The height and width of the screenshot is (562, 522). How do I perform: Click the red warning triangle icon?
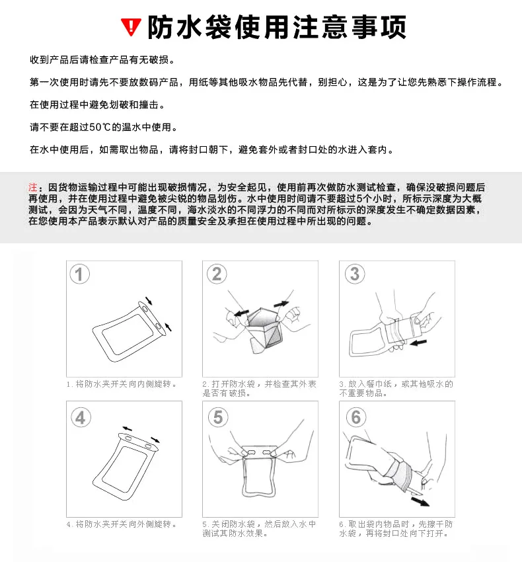(131, 27)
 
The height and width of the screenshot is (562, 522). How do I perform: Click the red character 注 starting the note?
(33, 187)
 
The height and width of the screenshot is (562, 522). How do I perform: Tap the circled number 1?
(79, 274)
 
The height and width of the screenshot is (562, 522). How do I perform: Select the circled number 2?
(217, 274)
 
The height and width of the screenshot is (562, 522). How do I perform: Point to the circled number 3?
(355, 274)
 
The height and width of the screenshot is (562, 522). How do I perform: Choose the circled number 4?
(81, 418)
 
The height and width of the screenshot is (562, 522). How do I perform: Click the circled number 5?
(218, 417)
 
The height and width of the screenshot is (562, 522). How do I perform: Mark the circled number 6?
(355, 417)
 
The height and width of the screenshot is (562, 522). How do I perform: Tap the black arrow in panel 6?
(420, 501)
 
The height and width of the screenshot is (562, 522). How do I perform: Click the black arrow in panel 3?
(418, 343)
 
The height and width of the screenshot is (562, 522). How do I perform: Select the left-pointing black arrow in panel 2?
(241, 313)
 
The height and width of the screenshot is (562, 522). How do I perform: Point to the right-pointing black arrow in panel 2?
(281, 304)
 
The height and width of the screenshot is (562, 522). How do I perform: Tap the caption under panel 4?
(122, 524)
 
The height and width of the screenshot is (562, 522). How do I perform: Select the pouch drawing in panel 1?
(129, 331)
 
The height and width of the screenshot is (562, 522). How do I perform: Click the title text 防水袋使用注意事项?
(278, 27)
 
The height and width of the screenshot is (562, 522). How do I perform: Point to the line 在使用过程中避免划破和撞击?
(97, 104)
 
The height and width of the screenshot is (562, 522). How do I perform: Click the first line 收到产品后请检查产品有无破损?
(102, 60)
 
